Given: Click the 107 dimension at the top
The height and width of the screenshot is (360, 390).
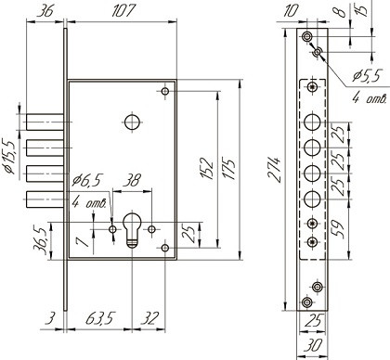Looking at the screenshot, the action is pyautogui.click(x=123, y=10).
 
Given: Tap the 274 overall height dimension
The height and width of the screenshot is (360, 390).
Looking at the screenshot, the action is pyautogui.click(x=274, y=170).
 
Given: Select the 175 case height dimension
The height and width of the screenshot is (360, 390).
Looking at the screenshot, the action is pyautogui.click(x=229, y=169).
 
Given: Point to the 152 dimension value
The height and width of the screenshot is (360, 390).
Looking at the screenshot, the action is pyautogui.click(x=207, y=168).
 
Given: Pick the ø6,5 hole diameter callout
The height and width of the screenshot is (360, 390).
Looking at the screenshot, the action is pyautogui.click(x=86, y=180).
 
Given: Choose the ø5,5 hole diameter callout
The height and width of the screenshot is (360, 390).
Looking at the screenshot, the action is pyautogui.click(x=366, y=75).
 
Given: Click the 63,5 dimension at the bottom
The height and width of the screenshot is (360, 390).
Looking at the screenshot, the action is pyautogui.click(x=100, y=318).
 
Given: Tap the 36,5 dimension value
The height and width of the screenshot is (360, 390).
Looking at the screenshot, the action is pyautogui.click(x=41, y=241).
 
